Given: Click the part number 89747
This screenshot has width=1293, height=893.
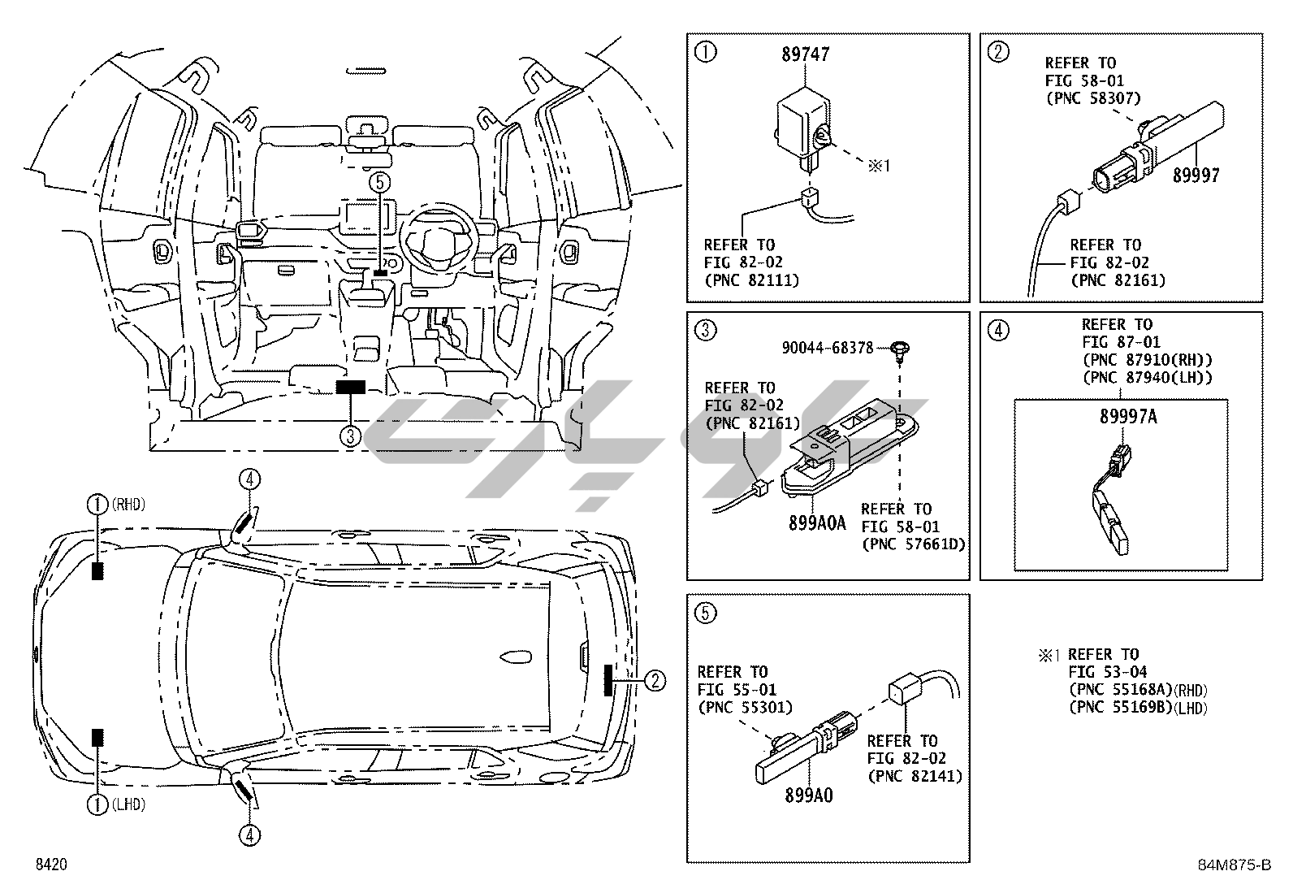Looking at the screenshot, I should [x=806, y=54].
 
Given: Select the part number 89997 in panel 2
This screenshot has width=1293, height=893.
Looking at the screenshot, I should [x=1196, y=175].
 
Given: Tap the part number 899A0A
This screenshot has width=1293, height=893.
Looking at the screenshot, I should [x=816, y=523].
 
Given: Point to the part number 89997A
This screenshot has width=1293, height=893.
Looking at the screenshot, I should [x=1127, y=417].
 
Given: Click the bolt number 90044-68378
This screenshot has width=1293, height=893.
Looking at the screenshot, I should [x=828, y=348].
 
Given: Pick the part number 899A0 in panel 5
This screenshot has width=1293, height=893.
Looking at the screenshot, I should [x=808, y=795].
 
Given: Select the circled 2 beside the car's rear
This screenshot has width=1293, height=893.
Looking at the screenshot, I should [x=655, y=680].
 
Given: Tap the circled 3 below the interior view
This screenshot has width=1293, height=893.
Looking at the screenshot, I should [x=350, y=436].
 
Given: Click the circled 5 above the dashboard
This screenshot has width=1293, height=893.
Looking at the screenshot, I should [x=380, y=182].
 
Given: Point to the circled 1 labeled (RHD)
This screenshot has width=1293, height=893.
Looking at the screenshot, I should [x=97, y=505].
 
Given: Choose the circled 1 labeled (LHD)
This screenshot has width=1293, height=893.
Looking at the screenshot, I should [x=97, y=804].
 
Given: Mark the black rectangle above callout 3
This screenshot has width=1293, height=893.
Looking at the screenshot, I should [x=351, y=388].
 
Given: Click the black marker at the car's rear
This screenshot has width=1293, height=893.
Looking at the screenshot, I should [x=608, y=679].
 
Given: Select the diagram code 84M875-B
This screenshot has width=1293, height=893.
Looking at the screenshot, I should [x=1234, y=865].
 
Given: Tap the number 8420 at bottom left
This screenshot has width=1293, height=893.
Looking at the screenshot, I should [x=50, y=865].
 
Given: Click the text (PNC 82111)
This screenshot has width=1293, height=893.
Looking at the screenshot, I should [x=750, y=280].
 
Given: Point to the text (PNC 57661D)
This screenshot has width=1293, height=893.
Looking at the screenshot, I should [x=913, y=544].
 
